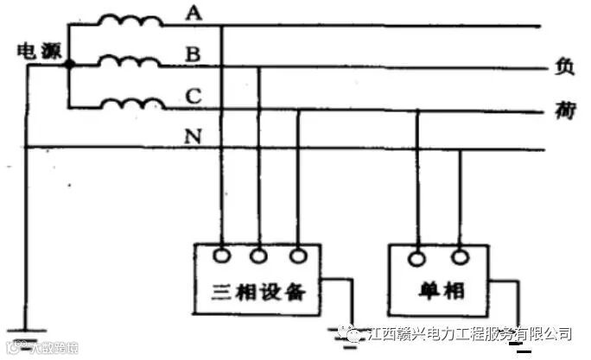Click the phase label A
coord(194,13)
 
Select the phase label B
coord(194,54)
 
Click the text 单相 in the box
coord(440,289)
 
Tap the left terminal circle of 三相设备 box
coord(222,256)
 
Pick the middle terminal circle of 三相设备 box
coord(259,256)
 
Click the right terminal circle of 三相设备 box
coord(298,256)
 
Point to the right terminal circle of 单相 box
coord(460,256)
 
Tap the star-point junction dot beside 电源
coord(69,63)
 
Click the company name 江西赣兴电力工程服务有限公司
coord(470,333)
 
